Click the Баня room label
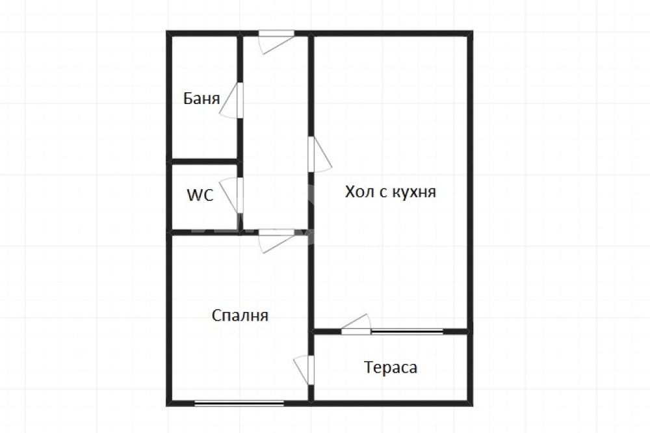pos(201,98)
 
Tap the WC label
pos(200,195)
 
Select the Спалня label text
pos(240,315)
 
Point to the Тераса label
pos(391,367)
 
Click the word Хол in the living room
pos(359,192)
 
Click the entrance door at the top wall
pos(277,42)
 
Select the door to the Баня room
pos(231,101)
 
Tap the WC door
pos(231,195)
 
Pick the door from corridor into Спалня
pos(277,241)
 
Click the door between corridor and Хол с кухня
pos(320,154)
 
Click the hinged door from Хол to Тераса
pos(356,324)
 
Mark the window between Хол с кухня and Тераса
pos(407,332)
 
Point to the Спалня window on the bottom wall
pos(239,402)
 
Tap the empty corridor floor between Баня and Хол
pos(276,133)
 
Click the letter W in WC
pos(194,195)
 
